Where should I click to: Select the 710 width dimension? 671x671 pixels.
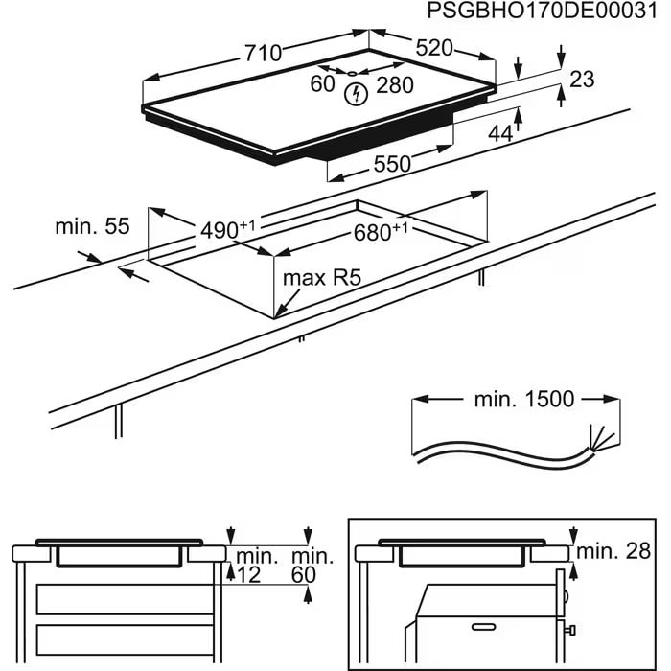pos(263,54)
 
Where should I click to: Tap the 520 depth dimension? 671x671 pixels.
pos(433,47)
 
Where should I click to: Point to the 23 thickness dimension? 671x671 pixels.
pos(581,80)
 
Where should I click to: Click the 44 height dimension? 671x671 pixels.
pos(499,134)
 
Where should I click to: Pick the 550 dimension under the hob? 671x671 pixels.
pos(392,164)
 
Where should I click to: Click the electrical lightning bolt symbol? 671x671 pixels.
pos(357,94)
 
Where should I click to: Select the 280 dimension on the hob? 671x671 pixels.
pos(394,85)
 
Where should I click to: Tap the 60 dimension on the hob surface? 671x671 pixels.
pos(322,84)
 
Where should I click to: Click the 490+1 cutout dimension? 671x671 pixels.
pos(227,230)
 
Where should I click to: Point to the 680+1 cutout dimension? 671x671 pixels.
pos(381,232)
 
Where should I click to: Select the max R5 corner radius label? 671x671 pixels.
pos(320,279)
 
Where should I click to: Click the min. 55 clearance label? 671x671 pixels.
pos(92,226)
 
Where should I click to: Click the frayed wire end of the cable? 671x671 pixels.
pos(600,439)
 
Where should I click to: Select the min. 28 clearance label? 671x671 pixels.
pos(616,550)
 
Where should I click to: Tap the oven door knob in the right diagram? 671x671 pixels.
pos(571,631)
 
